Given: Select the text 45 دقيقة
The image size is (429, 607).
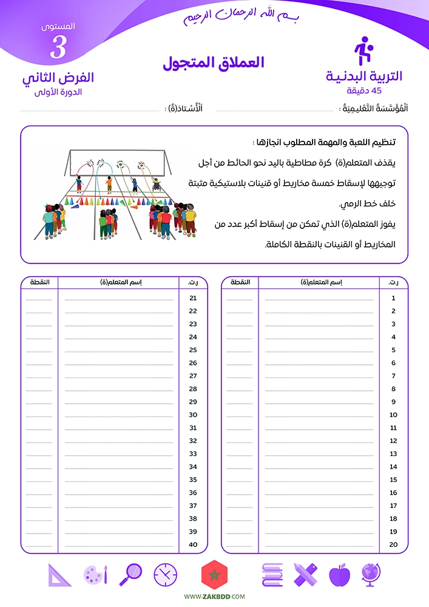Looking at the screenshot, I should [364, 91].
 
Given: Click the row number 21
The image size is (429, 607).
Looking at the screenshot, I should [194, 298].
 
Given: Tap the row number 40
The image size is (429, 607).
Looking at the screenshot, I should [194, 544].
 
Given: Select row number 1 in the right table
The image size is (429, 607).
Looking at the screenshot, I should [393, 298].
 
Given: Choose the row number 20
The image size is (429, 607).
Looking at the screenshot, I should [393, 544].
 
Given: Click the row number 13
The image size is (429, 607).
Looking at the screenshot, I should [393, 454].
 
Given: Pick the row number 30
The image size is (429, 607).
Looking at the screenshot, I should [194, 415].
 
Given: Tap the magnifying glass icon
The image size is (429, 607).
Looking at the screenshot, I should [131, 574].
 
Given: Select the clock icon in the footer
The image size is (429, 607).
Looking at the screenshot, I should [165, 575].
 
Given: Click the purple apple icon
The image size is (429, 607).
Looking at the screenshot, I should [339, 575].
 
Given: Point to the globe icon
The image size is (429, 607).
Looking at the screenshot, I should [371, 574].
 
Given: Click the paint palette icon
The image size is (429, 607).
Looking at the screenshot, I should [96, 575].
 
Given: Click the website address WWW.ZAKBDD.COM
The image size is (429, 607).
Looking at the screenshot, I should [214, 597].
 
